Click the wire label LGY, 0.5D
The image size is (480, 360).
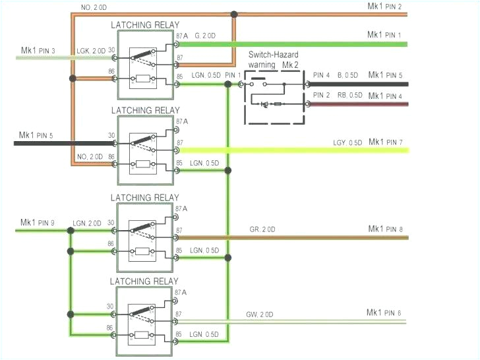pos(347,143)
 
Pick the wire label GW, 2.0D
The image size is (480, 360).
pos(262,315)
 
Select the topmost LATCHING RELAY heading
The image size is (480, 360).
pos(145,25)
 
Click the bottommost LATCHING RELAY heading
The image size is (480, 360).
pos(145,282)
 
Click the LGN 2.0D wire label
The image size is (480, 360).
pos(89,224)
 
